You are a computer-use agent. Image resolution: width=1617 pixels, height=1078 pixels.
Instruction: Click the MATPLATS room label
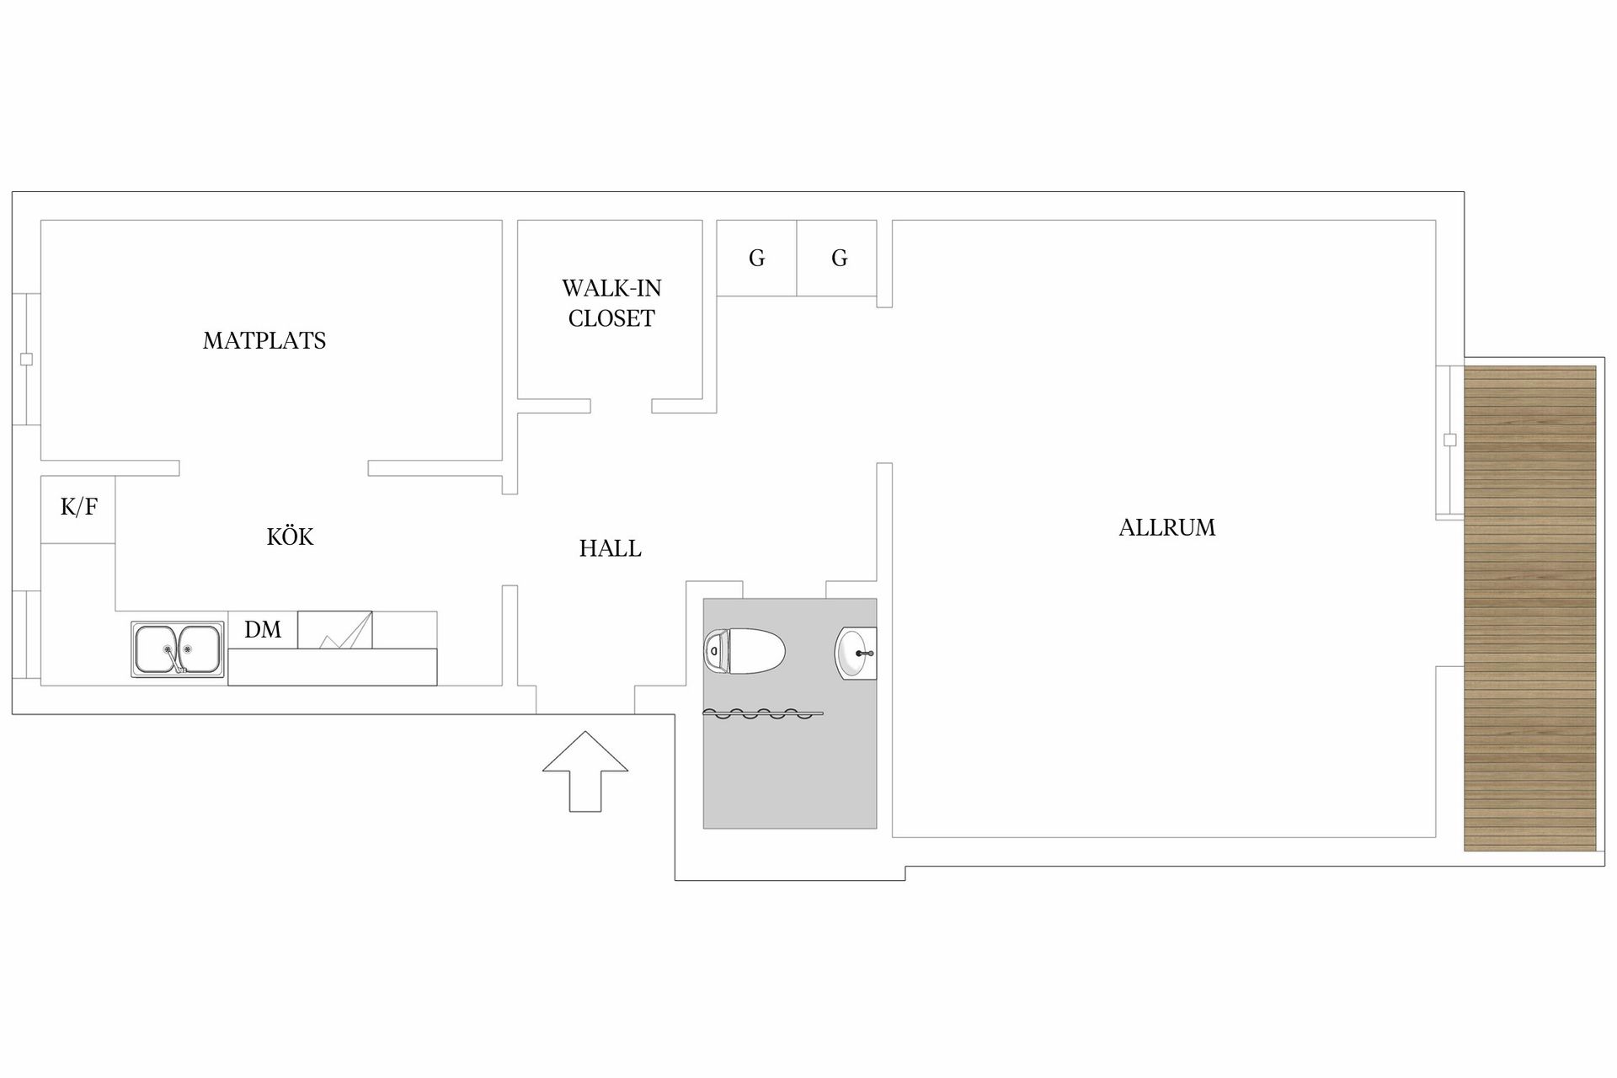pos(264,340)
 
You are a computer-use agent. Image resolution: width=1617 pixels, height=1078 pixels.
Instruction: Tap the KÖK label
pos(290,536)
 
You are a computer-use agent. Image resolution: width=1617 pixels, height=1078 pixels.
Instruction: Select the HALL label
pos(611,548)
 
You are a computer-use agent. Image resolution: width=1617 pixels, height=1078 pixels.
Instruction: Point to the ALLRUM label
pos(1167,527)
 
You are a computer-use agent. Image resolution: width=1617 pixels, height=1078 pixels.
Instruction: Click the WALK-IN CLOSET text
pos(611,303)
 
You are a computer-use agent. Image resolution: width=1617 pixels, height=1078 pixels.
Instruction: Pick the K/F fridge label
pos(79,507)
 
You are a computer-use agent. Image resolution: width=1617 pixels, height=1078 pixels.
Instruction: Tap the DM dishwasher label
pos(263,629)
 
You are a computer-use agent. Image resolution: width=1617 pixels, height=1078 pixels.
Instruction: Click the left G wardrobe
pos(757,258)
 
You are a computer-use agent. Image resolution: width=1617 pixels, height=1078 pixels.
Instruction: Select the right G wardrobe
pos(837,258)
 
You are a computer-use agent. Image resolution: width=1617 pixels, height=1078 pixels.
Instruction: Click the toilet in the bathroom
pos(744,652)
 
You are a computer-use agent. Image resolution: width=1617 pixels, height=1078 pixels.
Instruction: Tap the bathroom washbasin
pos(856,653)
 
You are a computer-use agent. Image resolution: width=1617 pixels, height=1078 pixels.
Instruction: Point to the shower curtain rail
pos(763,714)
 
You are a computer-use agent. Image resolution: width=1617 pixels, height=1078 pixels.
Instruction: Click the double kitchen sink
pos(178,649)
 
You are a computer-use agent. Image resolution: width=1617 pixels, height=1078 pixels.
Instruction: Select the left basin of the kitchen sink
pos(156,648)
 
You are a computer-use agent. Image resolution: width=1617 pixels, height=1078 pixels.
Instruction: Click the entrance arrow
pos(585,771)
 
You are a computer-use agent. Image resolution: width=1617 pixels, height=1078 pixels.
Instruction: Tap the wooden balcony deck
pos(1530,608)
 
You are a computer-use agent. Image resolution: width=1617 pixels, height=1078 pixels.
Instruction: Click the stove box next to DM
pos(335,630)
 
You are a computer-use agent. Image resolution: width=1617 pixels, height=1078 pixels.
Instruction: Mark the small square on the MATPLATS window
pos(26,360)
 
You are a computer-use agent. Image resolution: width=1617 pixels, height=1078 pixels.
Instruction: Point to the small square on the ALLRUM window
pos(1449,440)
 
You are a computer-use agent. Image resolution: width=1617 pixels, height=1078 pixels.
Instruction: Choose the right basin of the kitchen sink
pos(199,648)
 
